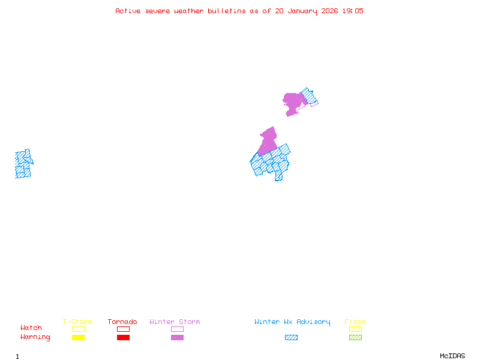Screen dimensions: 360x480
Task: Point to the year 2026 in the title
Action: coord(329,11)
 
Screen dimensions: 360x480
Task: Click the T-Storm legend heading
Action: coord(77,322)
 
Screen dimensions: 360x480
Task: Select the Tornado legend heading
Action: coord(122,322)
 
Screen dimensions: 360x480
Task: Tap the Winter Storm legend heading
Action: coord(175,322)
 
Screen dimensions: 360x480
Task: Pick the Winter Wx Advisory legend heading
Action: coord(292,322)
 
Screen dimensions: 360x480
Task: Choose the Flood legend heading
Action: coord(355,322)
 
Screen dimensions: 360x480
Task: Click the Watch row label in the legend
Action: coord(31,328)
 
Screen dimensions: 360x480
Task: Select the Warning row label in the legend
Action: coord(35,337)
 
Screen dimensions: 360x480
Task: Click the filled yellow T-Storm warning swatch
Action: coord(78,338)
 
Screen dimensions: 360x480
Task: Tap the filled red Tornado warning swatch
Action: coord(123,338)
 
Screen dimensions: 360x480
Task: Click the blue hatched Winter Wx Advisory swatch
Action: coord(291,338)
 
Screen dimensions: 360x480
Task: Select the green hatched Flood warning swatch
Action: coord(355,338)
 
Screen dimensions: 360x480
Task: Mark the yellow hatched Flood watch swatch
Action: coord(355,329)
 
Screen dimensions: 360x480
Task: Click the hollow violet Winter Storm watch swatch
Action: coord(177,329)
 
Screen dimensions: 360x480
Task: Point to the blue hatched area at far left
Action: coord(23,164)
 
